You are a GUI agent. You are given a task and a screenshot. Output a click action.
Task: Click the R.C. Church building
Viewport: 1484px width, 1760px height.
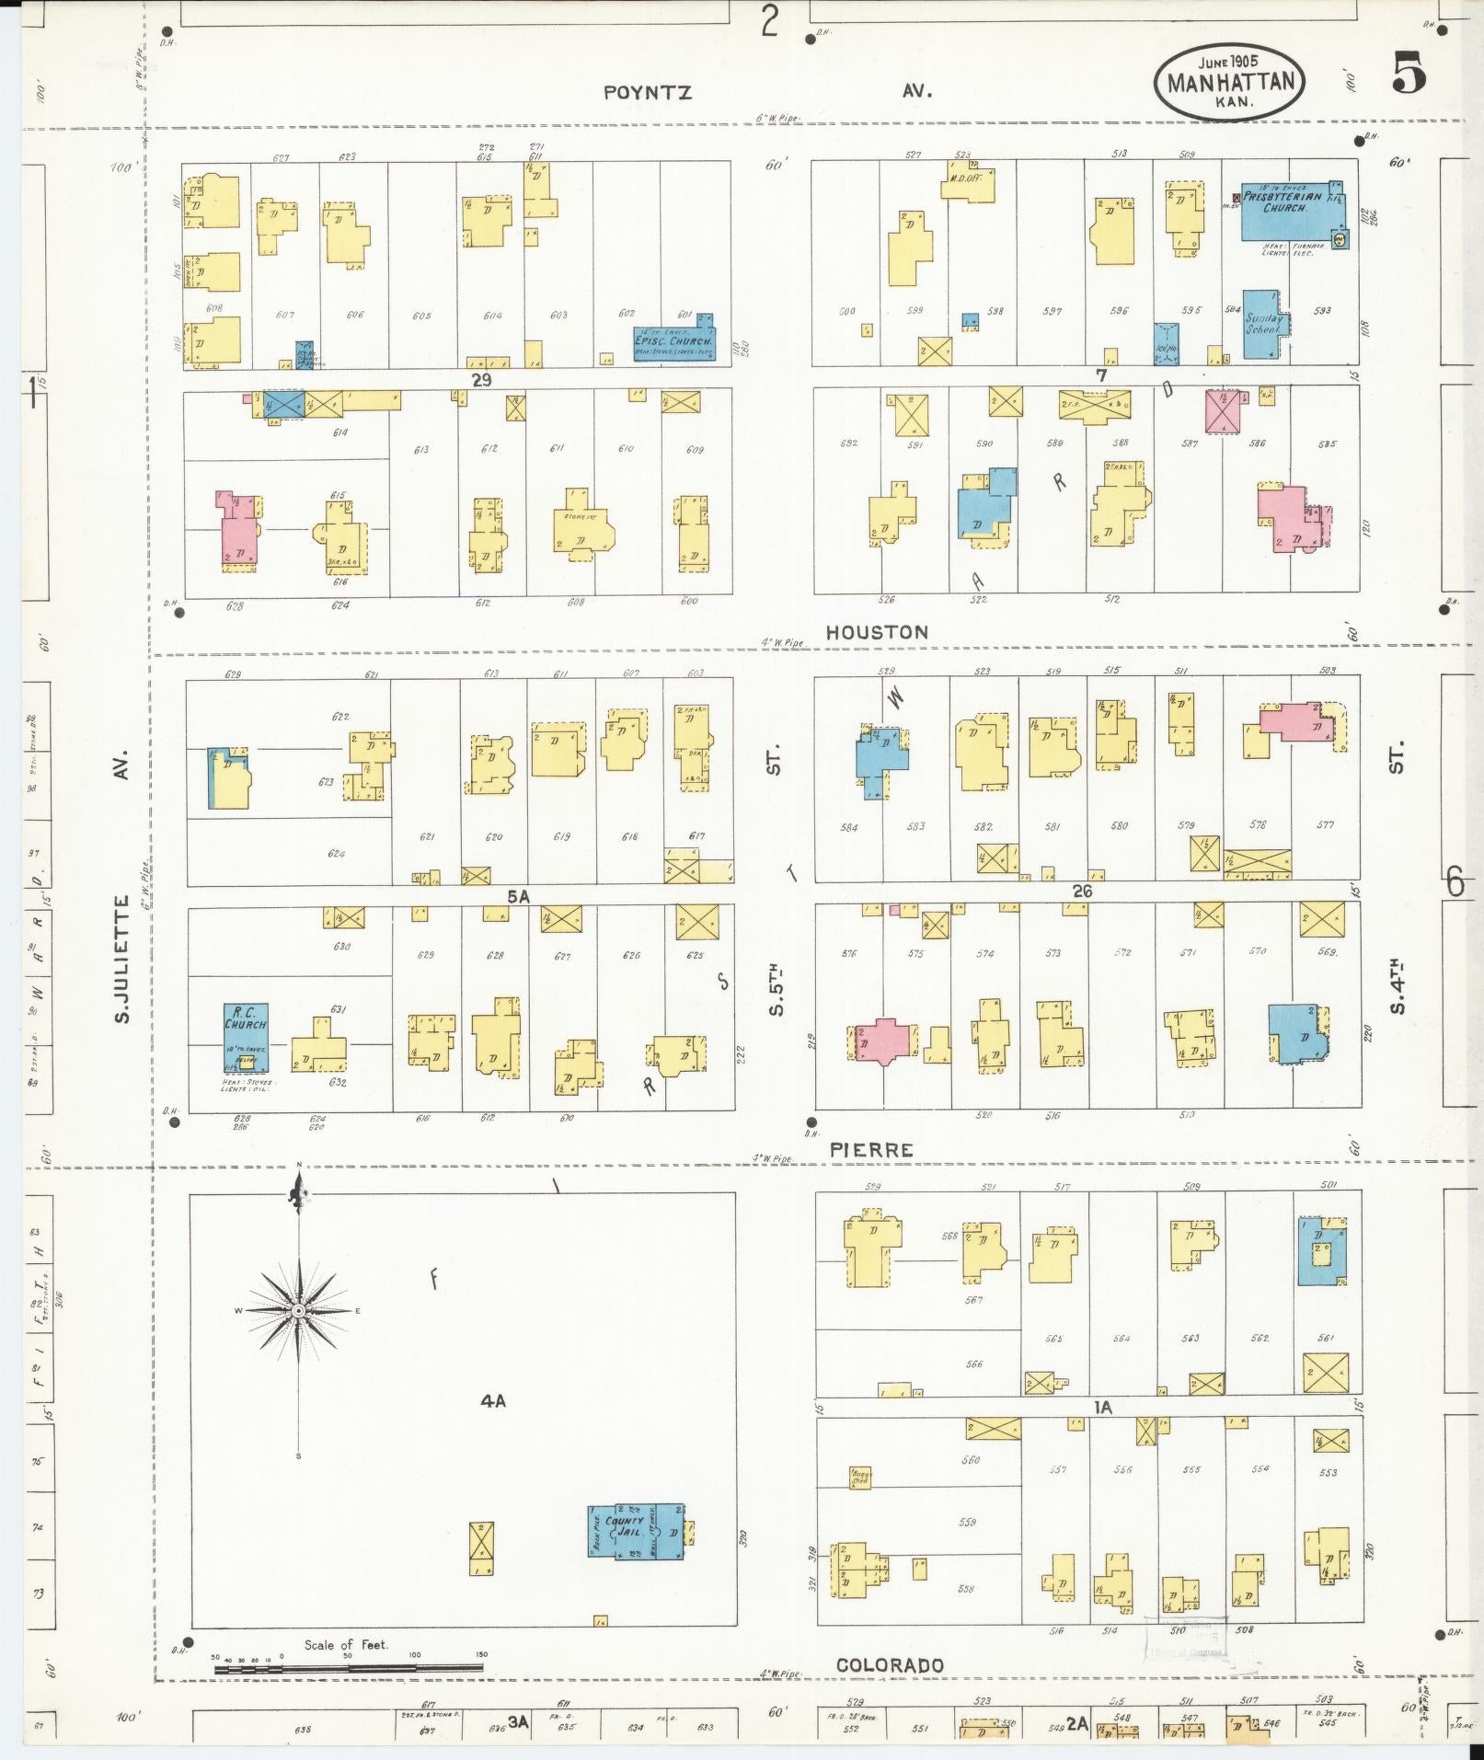[x=246, y=1037]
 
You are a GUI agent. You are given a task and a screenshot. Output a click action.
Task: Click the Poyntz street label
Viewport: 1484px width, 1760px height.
[x=648, y=93]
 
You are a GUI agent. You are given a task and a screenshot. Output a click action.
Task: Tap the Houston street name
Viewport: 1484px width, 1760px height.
[x=876, y=632]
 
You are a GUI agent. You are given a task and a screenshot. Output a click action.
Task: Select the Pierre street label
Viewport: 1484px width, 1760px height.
[x=871, y=1150]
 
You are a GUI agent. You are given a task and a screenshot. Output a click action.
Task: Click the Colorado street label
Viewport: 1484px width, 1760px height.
[x=890, y=1665]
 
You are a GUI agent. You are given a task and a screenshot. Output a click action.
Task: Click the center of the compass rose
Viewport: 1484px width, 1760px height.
[x=298, y=1310]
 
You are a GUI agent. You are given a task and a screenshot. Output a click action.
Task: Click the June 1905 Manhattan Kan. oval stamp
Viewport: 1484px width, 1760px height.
[x=1229, y=81]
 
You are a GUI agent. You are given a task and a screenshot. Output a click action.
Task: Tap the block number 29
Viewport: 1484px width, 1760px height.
[x=481, y=379]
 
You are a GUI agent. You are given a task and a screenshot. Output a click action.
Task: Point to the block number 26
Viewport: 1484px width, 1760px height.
[x=1082, y=891]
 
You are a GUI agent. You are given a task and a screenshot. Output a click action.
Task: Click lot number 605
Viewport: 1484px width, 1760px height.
[x=422, y=316]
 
